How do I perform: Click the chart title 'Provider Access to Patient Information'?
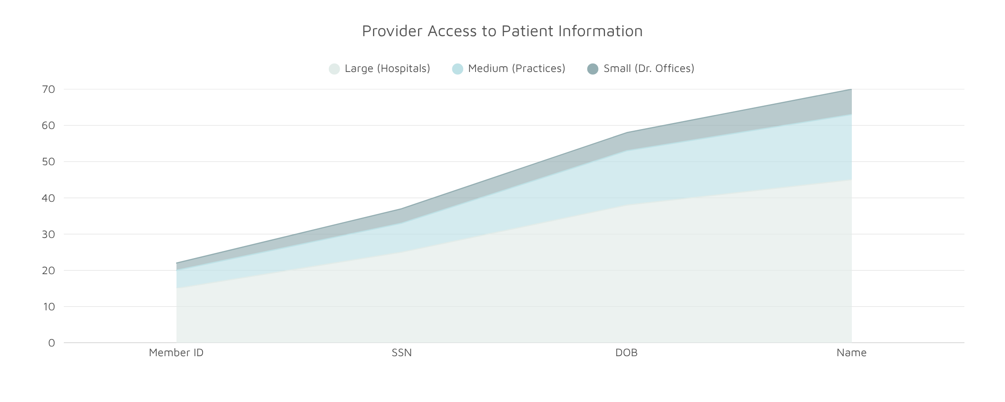502,31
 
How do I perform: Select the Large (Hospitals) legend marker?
334,69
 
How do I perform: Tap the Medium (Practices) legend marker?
457,69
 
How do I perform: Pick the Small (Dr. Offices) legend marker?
593,69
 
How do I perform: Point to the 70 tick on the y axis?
48,89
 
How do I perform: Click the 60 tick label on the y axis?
48,125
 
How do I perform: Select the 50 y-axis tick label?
48,162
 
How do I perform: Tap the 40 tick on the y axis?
48,198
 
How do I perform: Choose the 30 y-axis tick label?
48,234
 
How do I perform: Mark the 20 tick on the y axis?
48,270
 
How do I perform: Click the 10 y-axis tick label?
48,307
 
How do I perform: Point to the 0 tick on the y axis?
51,343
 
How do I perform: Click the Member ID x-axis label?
176,353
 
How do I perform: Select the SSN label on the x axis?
402,353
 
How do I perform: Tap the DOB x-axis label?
626,353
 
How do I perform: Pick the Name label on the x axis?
851,353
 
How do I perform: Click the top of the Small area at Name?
851,89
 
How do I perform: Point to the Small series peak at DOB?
627,133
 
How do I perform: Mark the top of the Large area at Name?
851,180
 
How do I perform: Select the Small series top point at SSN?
402,209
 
